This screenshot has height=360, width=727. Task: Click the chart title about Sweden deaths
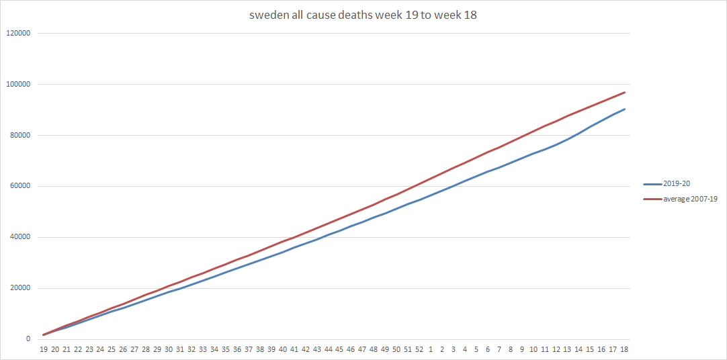[x=363, y=15]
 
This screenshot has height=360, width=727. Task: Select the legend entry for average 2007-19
[x=691, y=199]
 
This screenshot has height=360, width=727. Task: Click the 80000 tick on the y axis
[x=21, y=135]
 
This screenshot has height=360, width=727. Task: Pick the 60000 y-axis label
[x=21, y=186]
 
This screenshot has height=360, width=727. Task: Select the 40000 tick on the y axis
[x=21, y=237]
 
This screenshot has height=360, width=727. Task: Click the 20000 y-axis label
[x=21, y=288]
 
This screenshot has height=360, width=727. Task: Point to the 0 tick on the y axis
[x=28, y=339]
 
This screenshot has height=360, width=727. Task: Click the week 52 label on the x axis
[x=419, y=349]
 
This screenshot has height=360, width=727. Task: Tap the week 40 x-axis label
[x=283, y=349]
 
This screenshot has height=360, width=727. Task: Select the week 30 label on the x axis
[x=169, y=349]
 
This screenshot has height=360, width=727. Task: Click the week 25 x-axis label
[x=112, y=349]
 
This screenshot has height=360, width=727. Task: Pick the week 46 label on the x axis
[x=351, y=349]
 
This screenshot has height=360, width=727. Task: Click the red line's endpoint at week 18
[x=624, y=93]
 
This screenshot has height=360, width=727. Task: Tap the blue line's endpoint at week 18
[x=624, y=109]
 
